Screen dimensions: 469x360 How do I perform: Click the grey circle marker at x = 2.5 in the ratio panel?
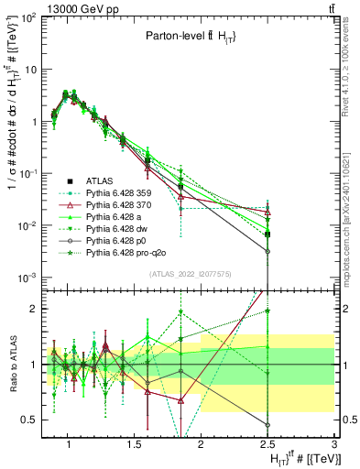coord(267,425)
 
